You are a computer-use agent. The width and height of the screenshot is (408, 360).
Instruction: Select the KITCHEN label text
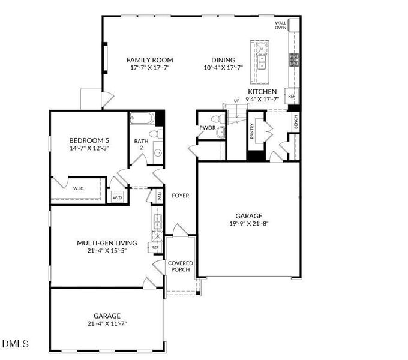pos(262,92)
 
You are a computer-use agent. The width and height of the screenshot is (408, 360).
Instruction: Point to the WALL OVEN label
pos(281,25)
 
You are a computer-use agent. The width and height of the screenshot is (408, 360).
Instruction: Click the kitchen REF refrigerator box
pos(292,96)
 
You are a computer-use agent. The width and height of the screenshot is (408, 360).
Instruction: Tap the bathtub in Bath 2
pos(143,118)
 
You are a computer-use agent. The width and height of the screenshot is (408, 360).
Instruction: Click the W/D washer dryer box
pos(118,197)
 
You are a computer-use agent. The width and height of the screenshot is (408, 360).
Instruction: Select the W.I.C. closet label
pos(79,188)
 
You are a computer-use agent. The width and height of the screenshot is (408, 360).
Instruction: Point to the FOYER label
pos(181,196)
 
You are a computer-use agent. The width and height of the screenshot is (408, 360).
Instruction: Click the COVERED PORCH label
pos(181,266)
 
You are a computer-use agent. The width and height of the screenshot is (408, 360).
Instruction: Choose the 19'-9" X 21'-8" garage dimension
pos(249,224)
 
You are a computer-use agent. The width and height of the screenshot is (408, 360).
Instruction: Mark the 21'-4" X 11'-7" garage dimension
pos(107,324)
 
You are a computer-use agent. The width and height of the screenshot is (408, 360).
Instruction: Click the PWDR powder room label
pos(208,128)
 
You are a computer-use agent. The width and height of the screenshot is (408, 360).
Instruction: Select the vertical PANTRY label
pos(251,131)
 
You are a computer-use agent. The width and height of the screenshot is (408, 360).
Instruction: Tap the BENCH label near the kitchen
pos(296,121)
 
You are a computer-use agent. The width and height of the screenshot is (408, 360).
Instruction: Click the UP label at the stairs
pos(236,101)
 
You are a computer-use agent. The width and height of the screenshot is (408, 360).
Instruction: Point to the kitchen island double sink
pos(262,62)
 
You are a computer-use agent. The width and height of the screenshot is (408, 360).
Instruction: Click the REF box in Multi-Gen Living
pos(155,248)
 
